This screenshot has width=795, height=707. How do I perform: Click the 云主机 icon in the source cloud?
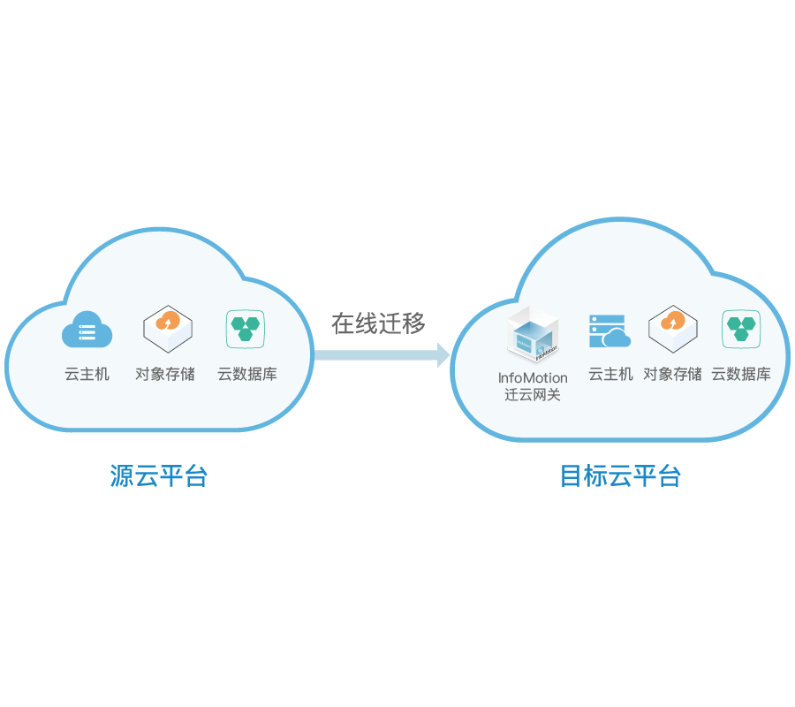coord(87,331)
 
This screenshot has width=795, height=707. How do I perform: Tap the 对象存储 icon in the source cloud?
coord(168,329)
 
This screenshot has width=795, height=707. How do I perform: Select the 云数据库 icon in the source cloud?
coord(246,328)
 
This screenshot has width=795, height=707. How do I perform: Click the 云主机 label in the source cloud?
coord(87,374)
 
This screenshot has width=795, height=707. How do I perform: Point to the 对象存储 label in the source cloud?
coord(165,374)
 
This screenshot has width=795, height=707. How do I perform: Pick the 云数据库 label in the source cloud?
coord(247,374)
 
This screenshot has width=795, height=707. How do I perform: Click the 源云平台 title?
coord(159,476)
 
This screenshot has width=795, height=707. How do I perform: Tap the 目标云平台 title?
coord(620,476)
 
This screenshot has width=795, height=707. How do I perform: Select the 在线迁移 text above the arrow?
coord(378,323)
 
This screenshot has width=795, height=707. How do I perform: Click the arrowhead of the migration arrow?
coord(443,355)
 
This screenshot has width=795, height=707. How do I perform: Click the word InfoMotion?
coord(533,377)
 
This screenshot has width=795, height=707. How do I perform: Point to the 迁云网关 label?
coord(533,395)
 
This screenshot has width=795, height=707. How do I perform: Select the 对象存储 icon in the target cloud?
coord(673,329)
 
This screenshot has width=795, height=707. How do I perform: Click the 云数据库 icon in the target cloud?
coord(741,328)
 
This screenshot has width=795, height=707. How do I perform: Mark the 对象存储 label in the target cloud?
coord(672,374)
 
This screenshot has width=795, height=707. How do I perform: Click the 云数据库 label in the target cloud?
coord(741,374)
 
